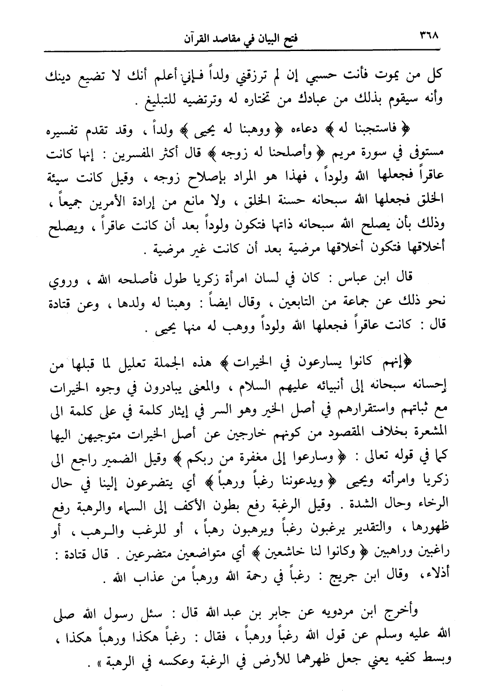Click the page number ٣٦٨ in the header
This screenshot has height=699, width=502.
429,35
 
